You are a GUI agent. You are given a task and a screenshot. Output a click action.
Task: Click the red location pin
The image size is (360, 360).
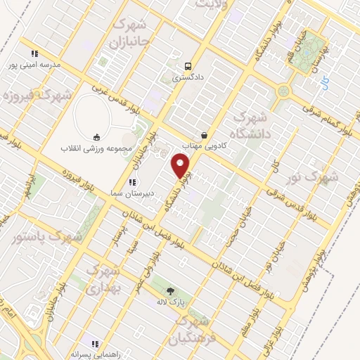click(x=181, y=166)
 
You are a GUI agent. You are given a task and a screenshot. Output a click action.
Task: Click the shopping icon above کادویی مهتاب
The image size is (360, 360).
click(x=204, y=135)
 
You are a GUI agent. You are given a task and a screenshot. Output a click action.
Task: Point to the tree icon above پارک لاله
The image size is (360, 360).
click(x=169, y=290)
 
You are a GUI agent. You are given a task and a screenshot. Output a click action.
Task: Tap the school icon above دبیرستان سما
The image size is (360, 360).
click(x=131, y=181)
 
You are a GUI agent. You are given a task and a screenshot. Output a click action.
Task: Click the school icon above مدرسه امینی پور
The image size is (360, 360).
click(x=34, y=53)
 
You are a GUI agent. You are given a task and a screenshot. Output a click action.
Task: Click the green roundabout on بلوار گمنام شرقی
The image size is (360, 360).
click(x=283, y=91)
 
